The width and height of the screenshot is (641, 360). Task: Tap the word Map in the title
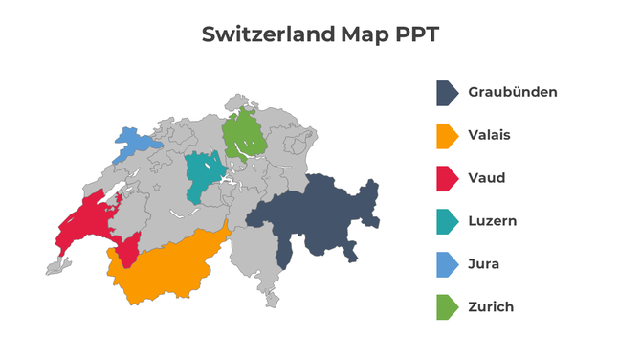point(367,34)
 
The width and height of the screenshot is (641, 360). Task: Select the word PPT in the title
point(418,34)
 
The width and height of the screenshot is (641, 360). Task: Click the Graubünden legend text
point(512,93)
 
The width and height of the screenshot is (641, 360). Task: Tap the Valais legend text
point(489,135)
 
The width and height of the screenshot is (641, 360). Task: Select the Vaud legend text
point(487,178)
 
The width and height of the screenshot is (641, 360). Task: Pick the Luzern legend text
point(493,221)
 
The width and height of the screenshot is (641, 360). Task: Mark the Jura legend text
point(484,264)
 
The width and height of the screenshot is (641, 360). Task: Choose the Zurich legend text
point(491,307)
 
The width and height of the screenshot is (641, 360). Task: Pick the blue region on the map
point(134,146)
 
